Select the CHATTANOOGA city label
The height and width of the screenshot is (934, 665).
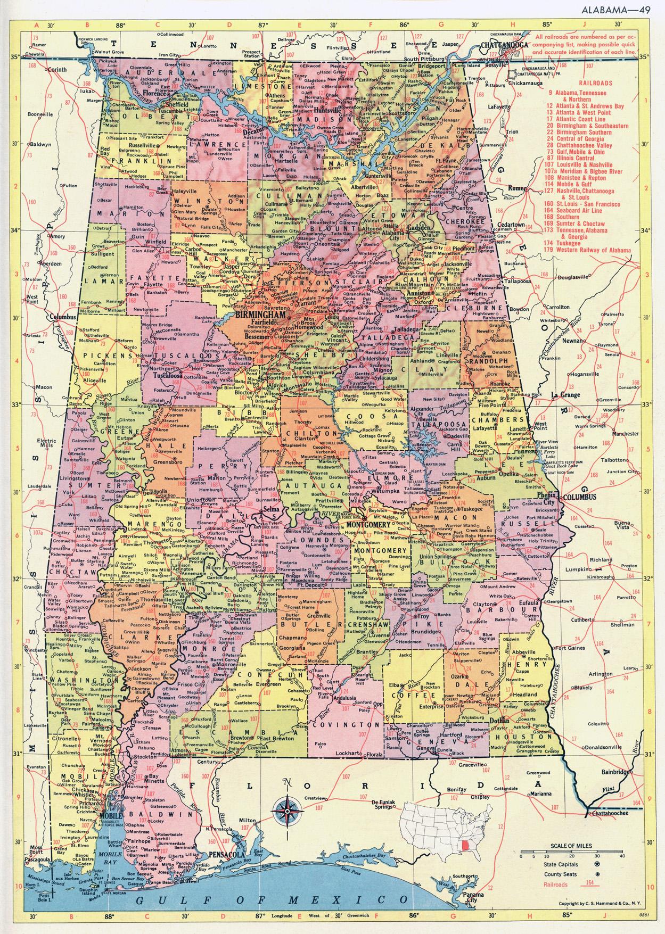tap(503, 46)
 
